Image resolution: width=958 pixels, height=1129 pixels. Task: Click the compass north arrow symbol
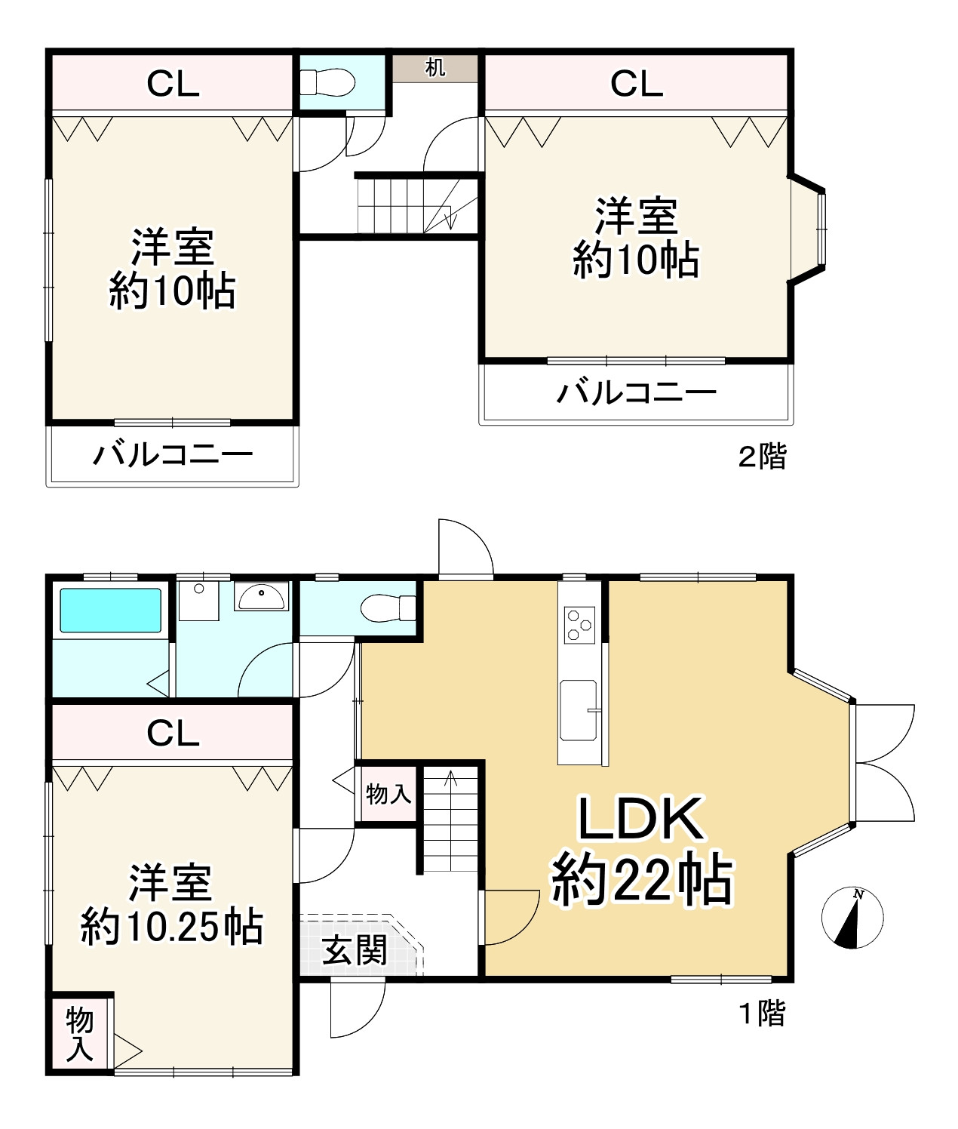pyautogui.click(x=852, y=918)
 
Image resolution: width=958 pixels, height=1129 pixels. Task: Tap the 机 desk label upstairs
pyautogui.click(x=435, y=68)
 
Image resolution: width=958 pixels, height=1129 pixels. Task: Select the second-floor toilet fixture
pyautogui.click(x=327, y=83)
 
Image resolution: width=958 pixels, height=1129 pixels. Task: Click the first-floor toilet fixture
pyautogui.click(x=388, y=608)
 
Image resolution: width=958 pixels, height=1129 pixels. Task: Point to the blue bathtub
pyautogui.click(x=110, y=610)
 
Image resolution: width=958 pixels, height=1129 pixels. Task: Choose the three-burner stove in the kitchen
pyautogui.click(x=579, y=625)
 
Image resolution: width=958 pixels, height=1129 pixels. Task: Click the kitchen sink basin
pyautogui.click(x=578, y=710)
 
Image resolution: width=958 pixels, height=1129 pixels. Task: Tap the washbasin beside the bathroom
pyautogui.click(x=262, y=596)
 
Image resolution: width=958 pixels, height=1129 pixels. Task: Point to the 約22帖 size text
pyautogui.click(x=642, y=879)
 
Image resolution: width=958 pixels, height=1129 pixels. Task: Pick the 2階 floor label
pyautogui.click(x=762, y=457)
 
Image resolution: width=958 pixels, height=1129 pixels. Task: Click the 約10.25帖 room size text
pyautogui.click(x=172, y=927)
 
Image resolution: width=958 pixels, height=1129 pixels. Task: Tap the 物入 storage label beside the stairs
pyautogui.click(x=388, y=794)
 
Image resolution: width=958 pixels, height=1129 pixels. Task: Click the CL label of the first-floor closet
pyautogui.click(x=173, y=733)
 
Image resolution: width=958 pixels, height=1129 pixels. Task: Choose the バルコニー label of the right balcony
pyautogui.click(x=637, y=393)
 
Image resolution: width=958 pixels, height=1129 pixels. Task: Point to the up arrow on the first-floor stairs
pyautogui.click(x=450, y=778)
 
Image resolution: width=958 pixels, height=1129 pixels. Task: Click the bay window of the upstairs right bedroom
pyautogui.click(x=808, y=229)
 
